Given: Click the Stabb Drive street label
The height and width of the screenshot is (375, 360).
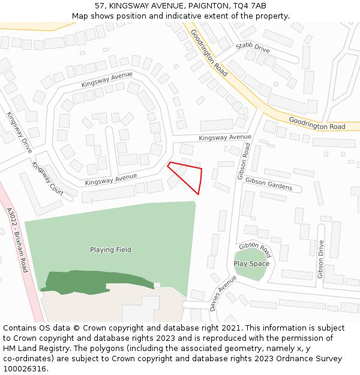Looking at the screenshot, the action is pyautogui.click(x=253, y=47).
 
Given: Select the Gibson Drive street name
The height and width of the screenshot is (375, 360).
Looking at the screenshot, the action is pyautogui.click(x=321, y=259).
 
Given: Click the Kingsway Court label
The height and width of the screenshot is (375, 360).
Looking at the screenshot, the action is pyautogui.click(x=47, y=178).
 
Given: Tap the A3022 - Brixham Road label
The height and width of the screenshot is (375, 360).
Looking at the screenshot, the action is pyautogui.click(x=17, y=240).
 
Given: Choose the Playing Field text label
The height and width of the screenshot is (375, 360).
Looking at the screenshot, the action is pyautogui.click(x=110, y=250).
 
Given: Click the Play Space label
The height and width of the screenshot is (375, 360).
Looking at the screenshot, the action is pyautogui.click(x=251, y=263).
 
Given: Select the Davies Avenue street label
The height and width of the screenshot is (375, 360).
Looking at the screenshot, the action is pyautogui.click(x=223, y=293).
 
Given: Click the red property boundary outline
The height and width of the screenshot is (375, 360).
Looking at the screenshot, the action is pyautogui.click(x=200, y=180).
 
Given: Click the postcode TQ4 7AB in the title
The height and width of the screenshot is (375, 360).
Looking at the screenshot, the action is pyautogui.click(x=250, y=5).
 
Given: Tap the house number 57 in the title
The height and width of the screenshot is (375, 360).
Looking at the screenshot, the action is pyautogui.click(x=100, y=5).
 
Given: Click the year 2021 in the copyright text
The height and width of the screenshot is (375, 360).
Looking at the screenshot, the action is pyautogui.click(x=228, y=328).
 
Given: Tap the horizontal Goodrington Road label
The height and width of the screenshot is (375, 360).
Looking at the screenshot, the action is pyautogui.click(x=317, y=123).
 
